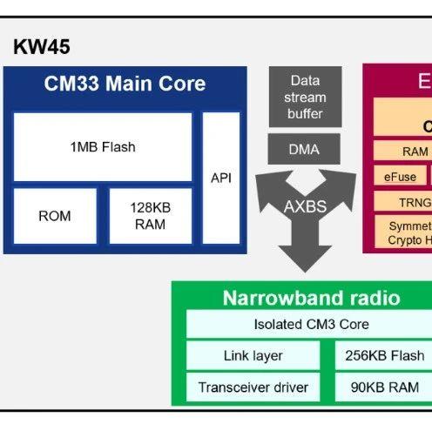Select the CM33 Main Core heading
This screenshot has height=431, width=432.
[x=125, y=84]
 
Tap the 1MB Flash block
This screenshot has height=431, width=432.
[x=103, y=146]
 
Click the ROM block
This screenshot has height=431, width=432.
[x=55, y=215]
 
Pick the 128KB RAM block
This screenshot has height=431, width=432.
[x=149, y=215]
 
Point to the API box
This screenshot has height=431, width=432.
[x=221, y=178]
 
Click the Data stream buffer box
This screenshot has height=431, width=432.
[x=304, y=97]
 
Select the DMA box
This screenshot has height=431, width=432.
[x=304, y=149]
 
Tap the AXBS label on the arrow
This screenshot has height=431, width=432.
[x=304, y=206]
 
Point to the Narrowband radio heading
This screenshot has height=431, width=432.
[x=311, y=298]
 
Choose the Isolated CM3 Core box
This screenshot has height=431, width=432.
[x=311, y=325]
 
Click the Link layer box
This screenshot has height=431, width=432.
[x=253, y=355]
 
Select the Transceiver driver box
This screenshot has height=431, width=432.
[x=253, y=387]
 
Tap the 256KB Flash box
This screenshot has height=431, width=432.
[x=384, y=355]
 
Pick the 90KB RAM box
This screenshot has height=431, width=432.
[x=384, y=387]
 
